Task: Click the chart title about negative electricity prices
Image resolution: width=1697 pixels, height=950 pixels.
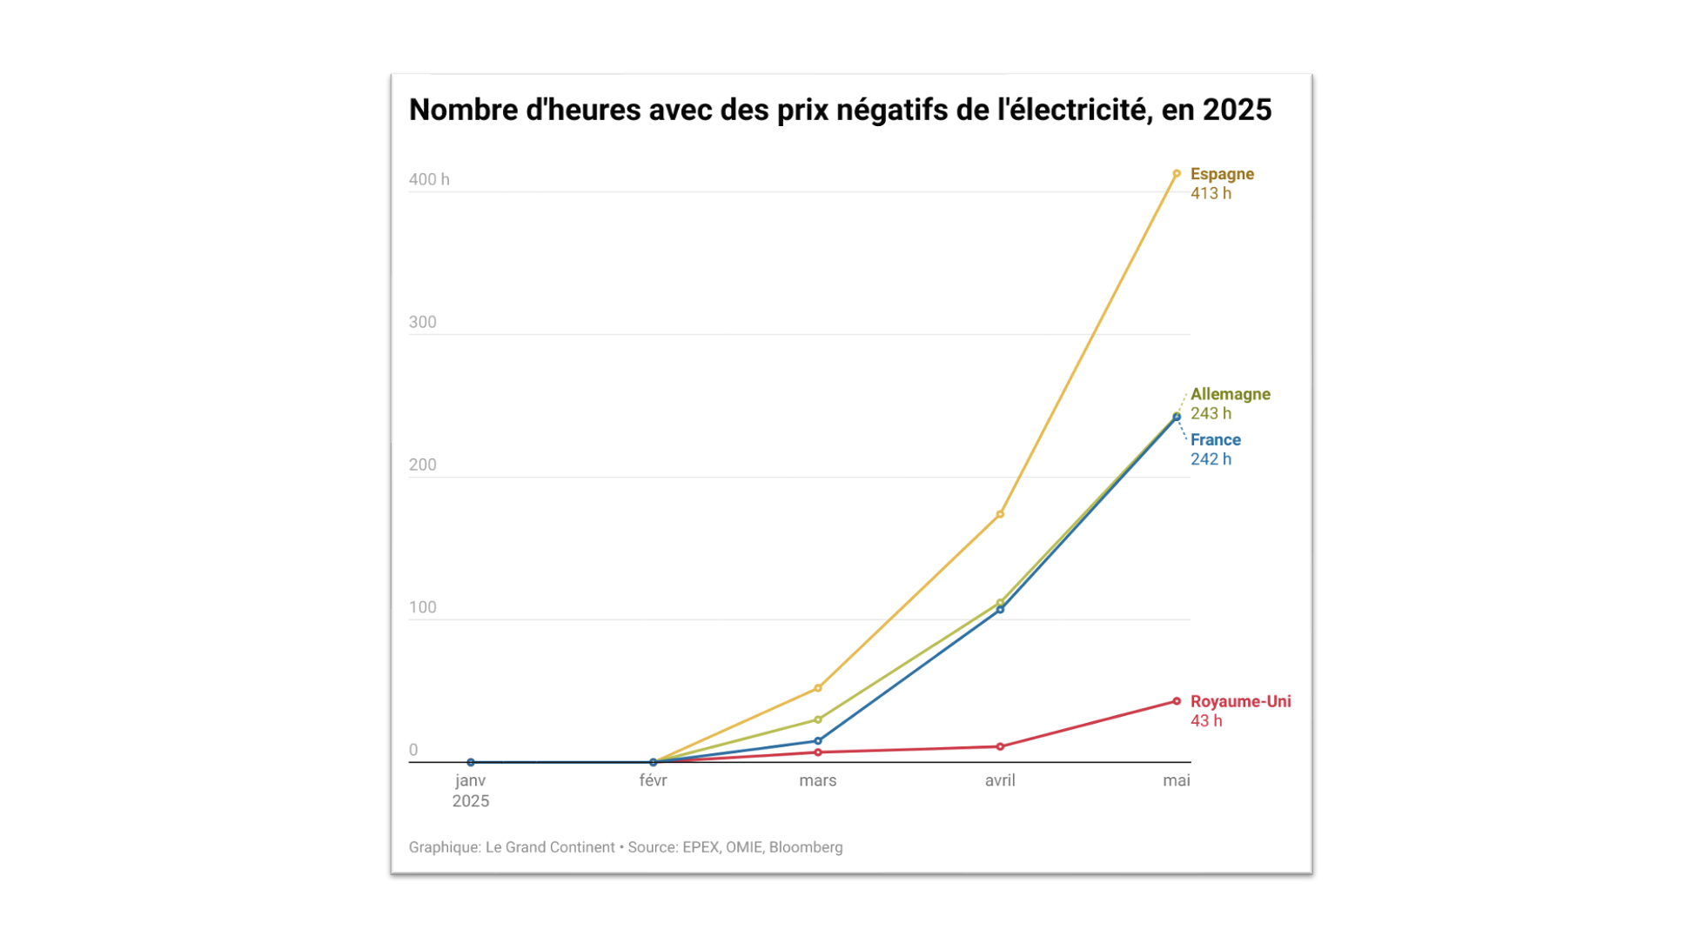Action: (x=840, y=110)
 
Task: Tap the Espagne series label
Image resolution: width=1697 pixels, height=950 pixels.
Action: (x=1222, y=174)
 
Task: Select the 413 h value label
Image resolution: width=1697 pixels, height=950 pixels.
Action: (x=1211, y=194)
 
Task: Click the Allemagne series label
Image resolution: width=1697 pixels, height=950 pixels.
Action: (x=1230, y=394)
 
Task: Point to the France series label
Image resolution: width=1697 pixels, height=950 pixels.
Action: (x=1215, y=440)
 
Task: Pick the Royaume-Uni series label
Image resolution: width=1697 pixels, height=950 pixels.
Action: (x=1240, y=701)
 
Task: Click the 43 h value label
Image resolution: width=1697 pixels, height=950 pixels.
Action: (x=1206, y=721)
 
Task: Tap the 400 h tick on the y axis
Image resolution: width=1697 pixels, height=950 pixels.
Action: (x=429, y=180)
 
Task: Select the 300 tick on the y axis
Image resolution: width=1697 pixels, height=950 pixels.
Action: (x=422, y=323)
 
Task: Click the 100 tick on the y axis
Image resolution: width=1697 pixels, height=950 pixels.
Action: (x=422, y=608)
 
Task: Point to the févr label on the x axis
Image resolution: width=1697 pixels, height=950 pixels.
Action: (x=653, y=781)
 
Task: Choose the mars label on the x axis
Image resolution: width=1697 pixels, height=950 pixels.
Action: (x=817, y=781)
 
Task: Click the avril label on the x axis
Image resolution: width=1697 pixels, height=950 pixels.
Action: (x=1000, y=781)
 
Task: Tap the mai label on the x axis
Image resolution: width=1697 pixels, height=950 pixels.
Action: (x=1176, y=781)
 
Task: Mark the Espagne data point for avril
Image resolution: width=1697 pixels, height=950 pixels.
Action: (x=1000, y=514)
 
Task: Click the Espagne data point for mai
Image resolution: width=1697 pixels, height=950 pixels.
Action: (x=1177, y=174)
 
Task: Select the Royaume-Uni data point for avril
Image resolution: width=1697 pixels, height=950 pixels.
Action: (x=1000, y=746)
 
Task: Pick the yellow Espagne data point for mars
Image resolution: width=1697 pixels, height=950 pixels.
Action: (x=818, y=688)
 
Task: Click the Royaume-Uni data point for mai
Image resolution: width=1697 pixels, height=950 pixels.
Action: (x=1177, y=701)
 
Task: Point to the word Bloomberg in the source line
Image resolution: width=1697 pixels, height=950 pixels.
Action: (x=806, y=847)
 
